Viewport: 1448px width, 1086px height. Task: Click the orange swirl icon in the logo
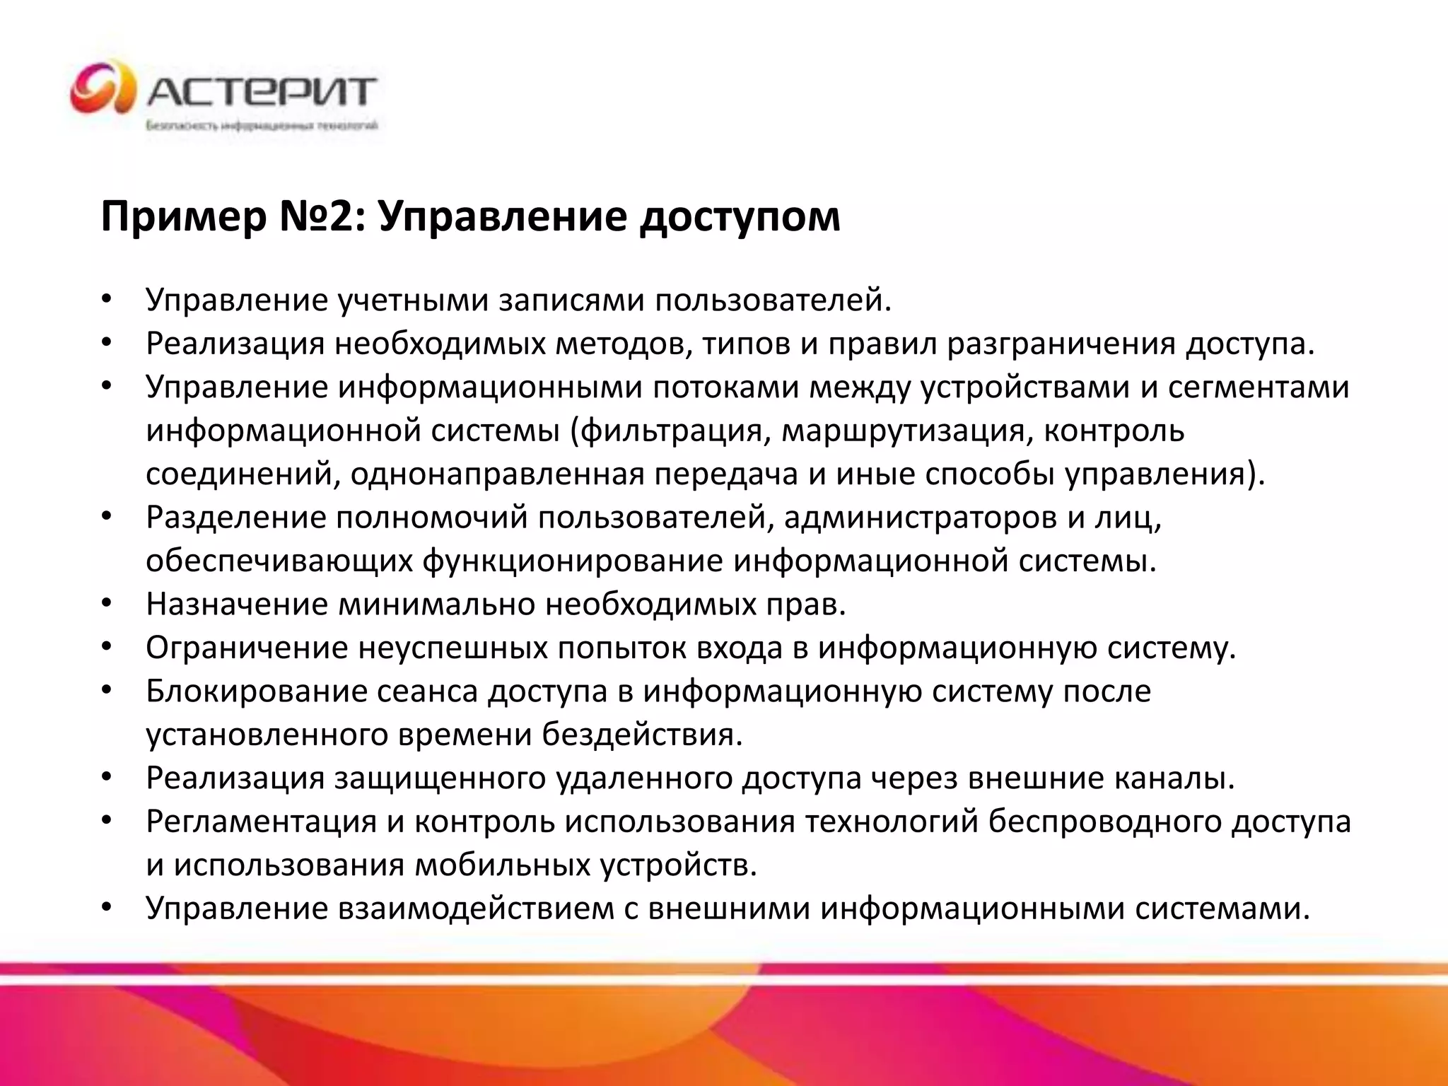click(x=102, y=88)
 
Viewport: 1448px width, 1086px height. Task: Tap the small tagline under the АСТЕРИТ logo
click(x=262, y=127)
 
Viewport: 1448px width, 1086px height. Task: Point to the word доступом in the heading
click(x=740, y=217)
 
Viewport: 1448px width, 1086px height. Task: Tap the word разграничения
click(x=1061, y=344)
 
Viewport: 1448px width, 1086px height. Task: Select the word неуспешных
click(x=453, y=648)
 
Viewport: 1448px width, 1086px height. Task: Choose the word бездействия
click(x=643, y=735)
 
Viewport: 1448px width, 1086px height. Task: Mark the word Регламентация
click(x=262, y=822)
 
